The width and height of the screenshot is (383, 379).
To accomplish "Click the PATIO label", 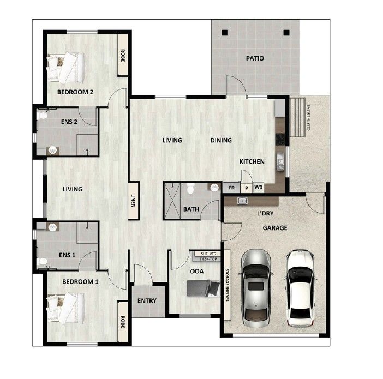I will pos(255,58).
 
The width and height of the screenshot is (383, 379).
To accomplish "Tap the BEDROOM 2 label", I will pos(75,92).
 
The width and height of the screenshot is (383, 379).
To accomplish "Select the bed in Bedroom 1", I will pos(66,308).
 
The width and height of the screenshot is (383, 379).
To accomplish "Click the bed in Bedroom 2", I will pos(66,66).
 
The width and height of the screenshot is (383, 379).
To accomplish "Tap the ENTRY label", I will pos(147,301).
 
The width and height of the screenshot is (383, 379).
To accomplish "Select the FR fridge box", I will pos(231,187).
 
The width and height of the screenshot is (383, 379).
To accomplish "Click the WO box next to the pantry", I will pos(258,187).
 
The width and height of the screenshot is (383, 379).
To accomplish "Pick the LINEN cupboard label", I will pos(133,201).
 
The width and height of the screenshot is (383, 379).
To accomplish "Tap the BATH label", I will pos(191,209).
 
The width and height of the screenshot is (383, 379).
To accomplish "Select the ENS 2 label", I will pos(68,122).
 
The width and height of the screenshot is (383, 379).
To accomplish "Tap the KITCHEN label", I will pos(252,161).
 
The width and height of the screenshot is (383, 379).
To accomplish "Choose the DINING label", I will pos(221,140).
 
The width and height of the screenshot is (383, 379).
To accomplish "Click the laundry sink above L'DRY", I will pos(242,201).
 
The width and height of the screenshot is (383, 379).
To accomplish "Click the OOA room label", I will pos(197,271).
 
